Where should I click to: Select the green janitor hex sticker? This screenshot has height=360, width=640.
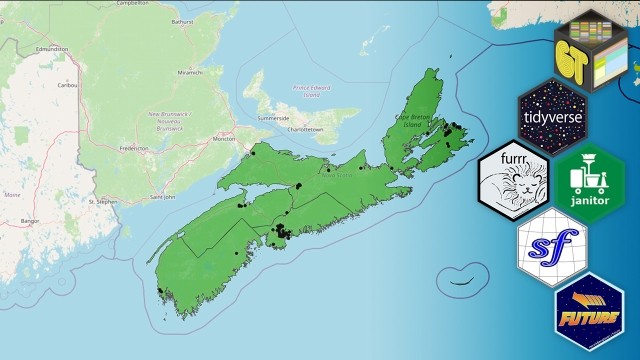point(589,181)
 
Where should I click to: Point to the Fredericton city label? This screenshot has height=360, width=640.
point(133,148)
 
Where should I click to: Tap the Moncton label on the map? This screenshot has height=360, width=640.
point(225,138)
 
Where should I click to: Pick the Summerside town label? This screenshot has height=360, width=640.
point(273,117)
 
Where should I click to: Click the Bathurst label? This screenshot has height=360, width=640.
point(183,21)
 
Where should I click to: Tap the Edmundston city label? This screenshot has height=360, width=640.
point(50,48)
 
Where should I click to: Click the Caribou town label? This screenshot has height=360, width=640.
point(41,86)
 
